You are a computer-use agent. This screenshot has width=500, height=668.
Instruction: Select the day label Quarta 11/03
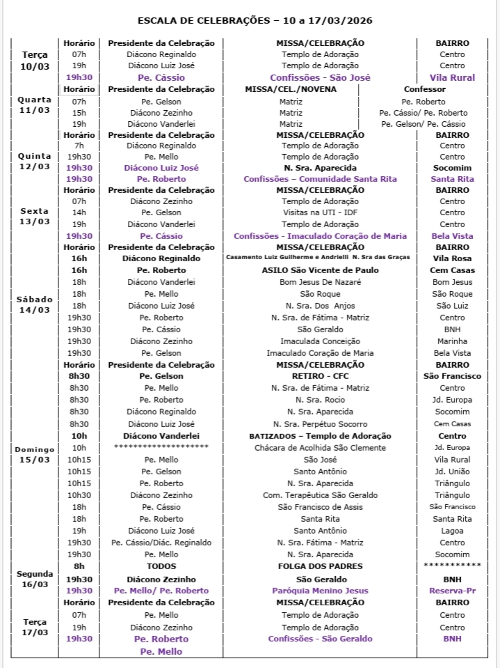35,105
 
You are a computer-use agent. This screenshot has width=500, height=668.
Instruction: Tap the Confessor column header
424,89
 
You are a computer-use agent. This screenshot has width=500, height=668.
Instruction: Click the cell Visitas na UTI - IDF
320,212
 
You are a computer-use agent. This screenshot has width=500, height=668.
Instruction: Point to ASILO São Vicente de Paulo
320,270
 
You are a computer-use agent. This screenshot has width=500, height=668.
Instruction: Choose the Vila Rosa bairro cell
452,258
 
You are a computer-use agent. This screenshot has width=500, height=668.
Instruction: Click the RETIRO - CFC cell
320,376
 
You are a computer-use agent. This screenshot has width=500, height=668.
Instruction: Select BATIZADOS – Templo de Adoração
320,436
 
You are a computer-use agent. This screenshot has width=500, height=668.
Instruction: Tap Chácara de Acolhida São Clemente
320,448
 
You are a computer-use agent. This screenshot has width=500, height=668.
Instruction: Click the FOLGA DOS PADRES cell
320,566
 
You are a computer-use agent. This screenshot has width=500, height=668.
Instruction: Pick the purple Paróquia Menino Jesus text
320,591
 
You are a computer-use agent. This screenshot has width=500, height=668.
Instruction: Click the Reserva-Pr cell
452,591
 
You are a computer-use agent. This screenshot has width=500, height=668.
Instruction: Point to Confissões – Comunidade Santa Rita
320,179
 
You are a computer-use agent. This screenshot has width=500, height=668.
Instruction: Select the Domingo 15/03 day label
35,454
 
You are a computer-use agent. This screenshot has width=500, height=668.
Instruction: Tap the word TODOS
161,566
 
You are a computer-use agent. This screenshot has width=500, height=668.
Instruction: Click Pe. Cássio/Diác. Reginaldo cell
161,543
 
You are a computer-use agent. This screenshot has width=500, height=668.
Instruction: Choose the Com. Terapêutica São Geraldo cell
320,495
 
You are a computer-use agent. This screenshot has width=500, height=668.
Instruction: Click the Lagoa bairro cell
452,531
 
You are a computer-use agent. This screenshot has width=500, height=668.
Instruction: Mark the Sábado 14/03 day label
35,304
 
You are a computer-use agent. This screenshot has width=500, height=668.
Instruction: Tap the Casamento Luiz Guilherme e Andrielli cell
320,258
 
